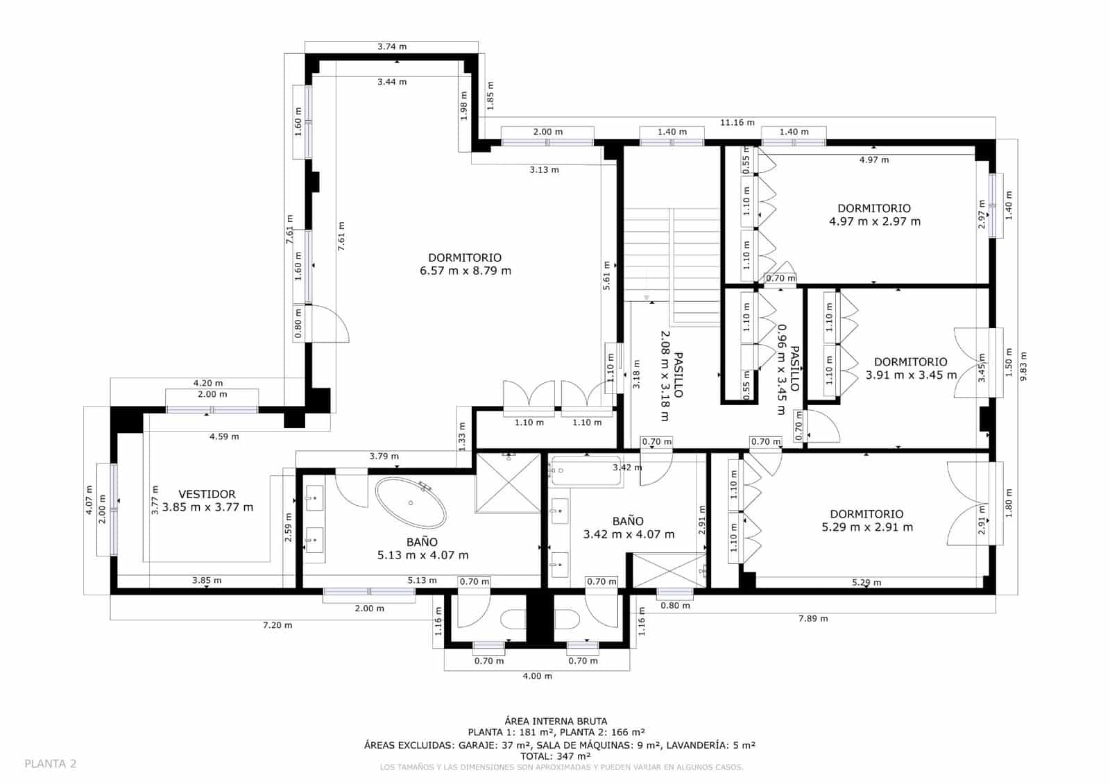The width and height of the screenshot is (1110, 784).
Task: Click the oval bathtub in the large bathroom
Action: pos(411,503)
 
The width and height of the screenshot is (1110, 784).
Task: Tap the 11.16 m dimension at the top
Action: pos(737,122)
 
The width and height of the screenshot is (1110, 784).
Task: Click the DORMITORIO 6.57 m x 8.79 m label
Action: pos(465,264)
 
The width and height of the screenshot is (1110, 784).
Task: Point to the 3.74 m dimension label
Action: pos(392,46)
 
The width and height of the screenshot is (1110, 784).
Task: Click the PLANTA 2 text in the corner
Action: pos(50,764)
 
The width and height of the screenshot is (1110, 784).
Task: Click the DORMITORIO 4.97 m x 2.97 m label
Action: pos(874,215)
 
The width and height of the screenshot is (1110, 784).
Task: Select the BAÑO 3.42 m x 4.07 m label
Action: pos(629,528)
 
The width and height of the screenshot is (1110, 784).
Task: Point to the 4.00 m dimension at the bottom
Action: pos(537,676)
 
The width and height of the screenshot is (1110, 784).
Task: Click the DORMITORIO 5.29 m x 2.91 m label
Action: pos(867,520)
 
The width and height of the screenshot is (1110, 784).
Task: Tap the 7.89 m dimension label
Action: pos(813,618)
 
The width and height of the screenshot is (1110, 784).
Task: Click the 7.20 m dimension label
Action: pos(277,625)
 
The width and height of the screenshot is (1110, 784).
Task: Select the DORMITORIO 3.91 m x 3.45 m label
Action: pos(911,368)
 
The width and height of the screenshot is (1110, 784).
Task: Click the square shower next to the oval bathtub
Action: pos(508,483)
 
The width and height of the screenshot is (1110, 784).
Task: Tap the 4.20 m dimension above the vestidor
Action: pos(207,383)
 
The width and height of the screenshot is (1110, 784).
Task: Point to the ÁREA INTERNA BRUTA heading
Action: pos(556,722)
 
